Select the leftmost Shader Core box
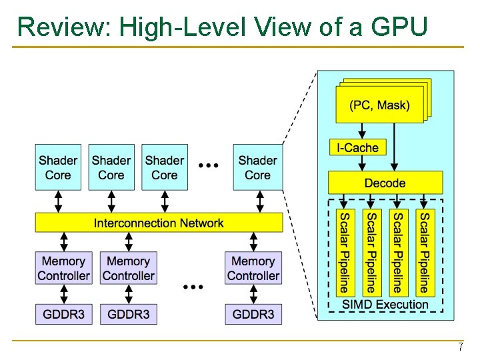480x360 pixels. pos(58,167)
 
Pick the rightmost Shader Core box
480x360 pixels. pos(257,167)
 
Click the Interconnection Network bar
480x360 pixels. pos(159,223)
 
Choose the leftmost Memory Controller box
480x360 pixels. pos(63,269)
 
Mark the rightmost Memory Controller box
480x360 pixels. pos(253,269)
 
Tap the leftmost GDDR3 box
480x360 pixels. pos(63,314)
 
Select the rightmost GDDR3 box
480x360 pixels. pos(253,314)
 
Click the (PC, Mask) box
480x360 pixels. pos(379,105)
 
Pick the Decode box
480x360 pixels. pos(385,183)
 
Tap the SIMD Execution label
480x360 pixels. pos(385,305)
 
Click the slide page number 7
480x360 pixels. pos(460,347)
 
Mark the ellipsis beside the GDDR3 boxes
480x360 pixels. pos(193,286)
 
